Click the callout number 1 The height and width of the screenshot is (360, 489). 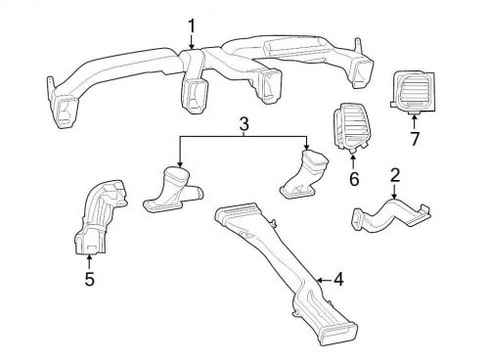tap(192, 25)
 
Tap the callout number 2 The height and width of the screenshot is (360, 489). tap(395, 176)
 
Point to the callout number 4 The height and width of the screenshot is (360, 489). tap(337, 280)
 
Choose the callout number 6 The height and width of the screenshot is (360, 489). tap(354, 180)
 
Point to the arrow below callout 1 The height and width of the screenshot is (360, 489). tap(192, 42)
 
